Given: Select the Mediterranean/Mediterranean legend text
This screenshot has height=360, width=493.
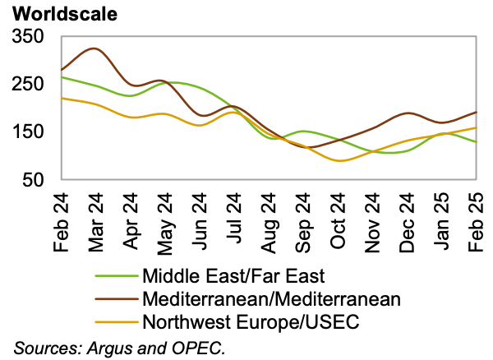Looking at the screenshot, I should point(271,298).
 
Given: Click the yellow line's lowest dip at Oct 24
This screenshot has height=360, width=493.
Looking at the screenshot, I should point(339,160).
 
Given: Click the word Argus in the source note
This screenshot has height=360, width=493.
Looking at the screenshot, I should point(102,347).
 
